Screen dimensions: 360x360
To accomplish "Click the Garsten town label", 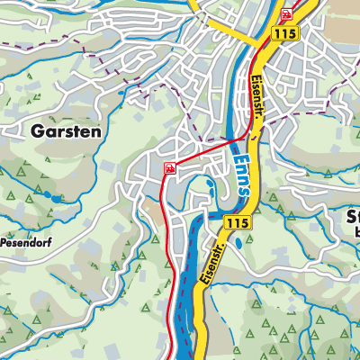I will click(67, 130).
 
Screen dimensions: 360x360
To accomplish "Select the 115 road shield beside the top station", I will click(287, 33).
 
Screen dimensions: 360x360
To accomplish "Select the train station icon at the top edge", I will click(287, 13).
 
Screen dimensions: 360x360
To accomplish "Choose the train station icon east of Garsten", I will click(168, 167).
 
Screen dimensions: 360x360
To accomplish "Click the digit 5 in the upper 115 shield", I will click(293, 33).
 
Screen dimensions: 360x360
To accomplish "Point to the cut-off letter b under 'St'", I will click(356, 232).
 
